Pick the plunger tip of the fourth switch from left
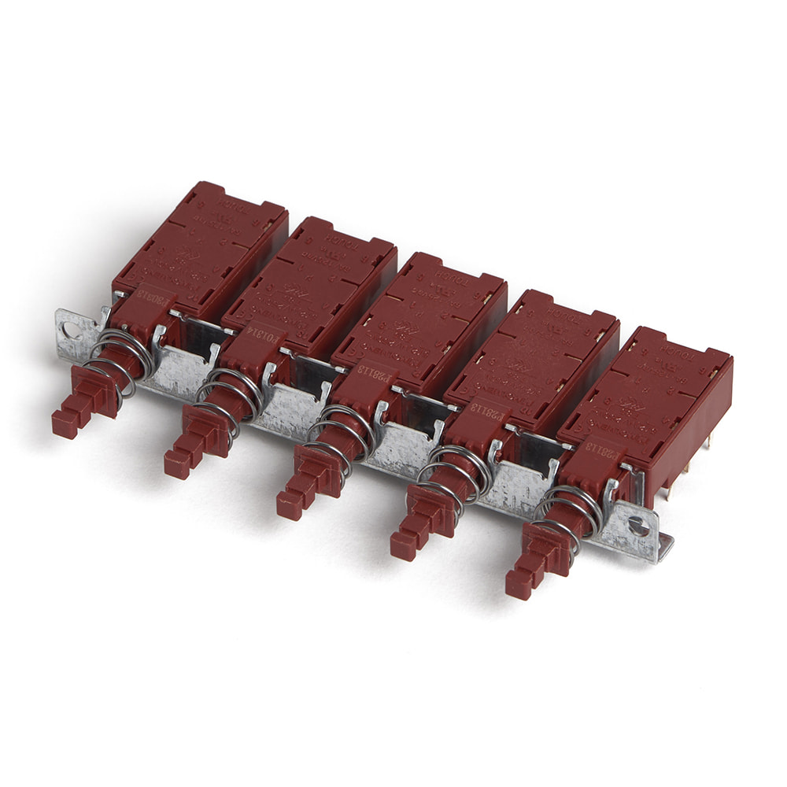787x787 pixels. click(x=402, y=545)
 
